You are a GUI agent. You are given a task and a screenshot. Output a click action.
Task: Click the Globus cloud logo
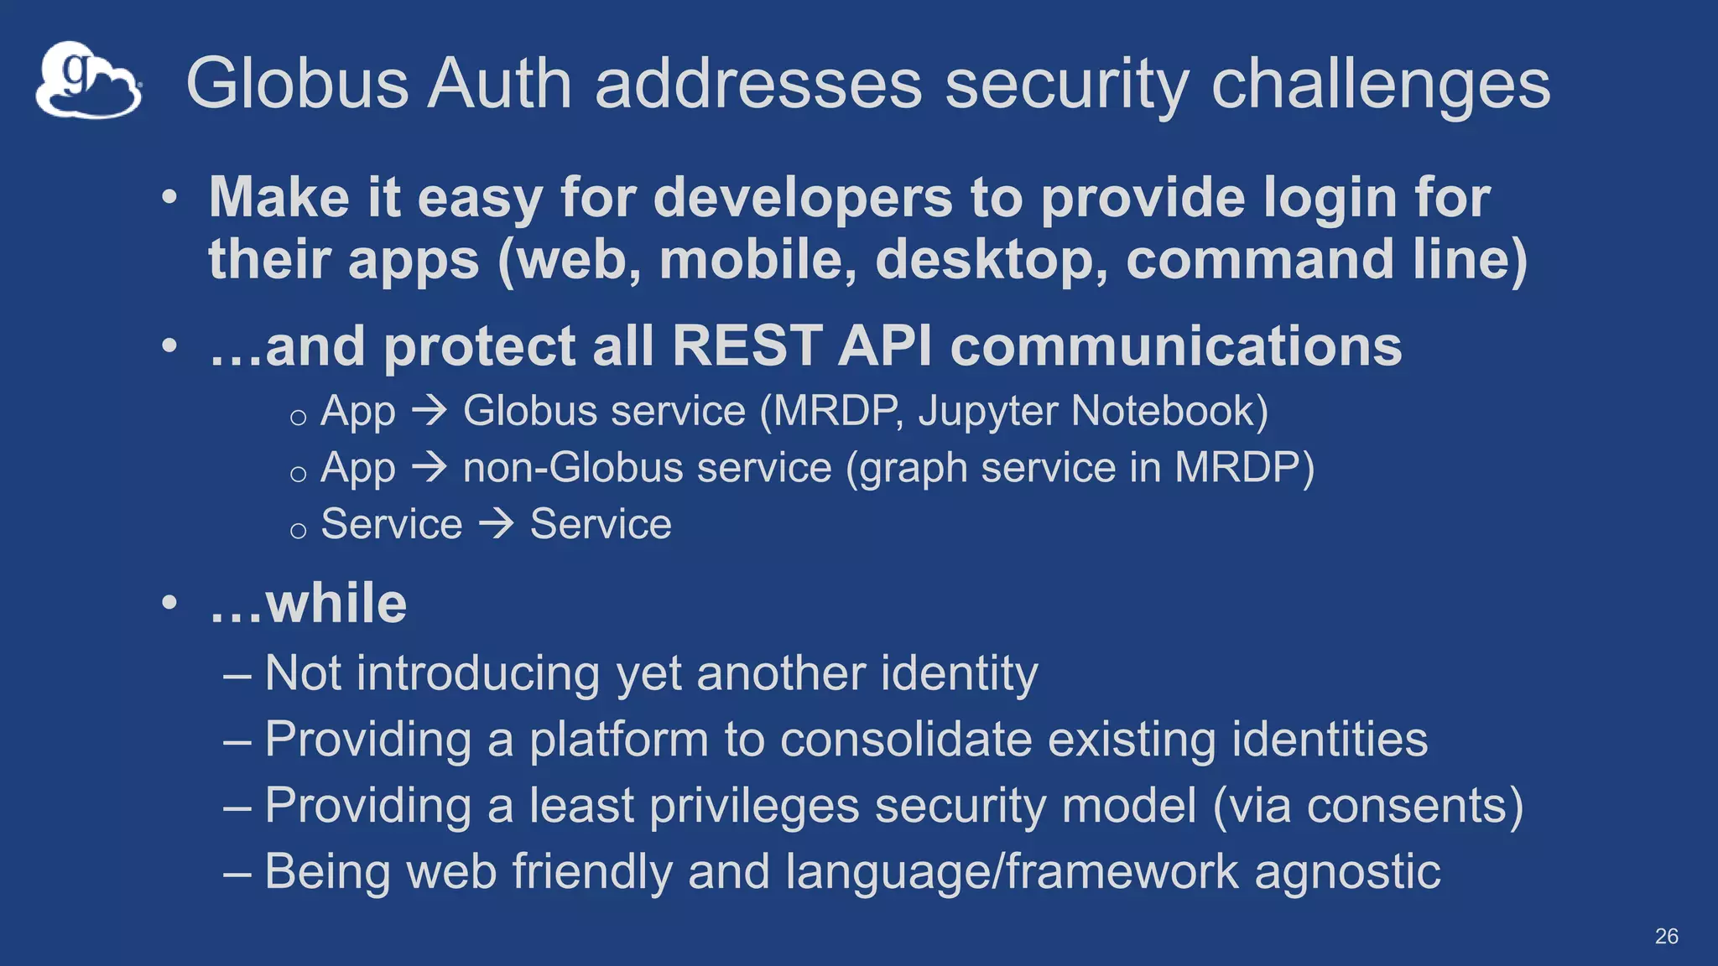coord(88,80)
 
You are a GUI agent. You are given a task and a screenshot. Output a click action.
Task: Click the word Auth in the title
coord(499,84)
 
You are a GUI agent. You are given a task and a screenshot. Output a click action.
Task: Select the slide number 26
coord(1666,936)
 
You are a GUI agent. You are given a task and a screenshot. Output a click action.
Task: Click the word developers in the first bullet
coord(803,198)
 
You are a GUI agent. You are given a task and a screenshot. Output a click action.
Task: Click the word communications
coord(1175,345)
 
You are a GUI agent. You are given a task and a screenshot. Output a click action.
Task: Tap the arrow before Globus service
coord(429,410)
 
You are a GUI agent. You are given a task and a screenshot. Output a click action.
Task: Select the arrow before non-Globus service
coord(429,467)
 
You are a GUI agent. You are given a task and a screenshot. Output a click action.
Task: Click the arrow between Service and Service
coord(496,524)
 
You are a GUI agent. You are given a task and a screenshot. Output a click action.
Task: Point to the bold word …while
coord(308,603)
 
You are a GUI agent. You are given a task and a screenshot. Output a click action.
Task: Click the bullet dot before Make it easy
coord(170,198)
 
